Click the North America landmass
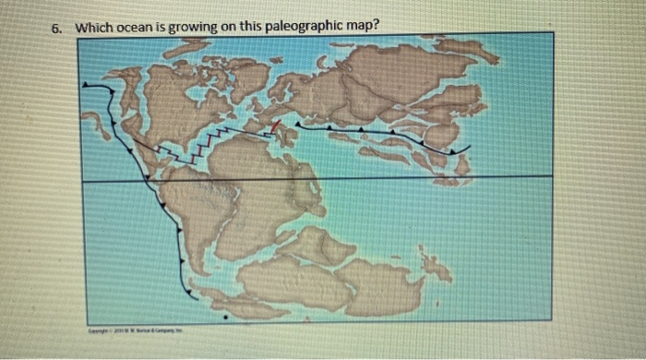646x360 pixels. [x=175, y=102]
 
